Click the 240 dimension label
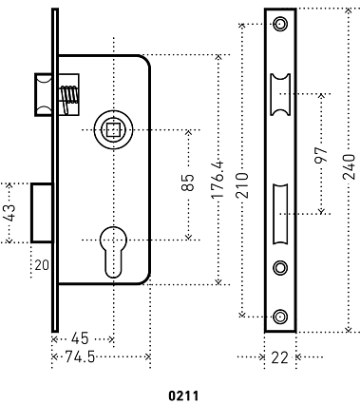click(x=349, y=167)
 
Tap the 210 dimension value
click(x=242, y=185)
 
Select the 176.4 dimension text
click(x=218, y=180)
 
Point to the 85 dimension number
click(x=188, y=183)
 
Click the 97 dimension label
click(x=321, y=154)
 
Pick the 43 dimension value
click(x=9, y=213)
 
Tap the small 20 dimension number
click(x=42, y=265)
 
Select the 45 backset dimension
click(x=80, y=338)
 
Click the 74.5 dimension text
click(x=80, y=357)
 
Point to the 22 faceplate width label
click(x=280, y=357)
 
